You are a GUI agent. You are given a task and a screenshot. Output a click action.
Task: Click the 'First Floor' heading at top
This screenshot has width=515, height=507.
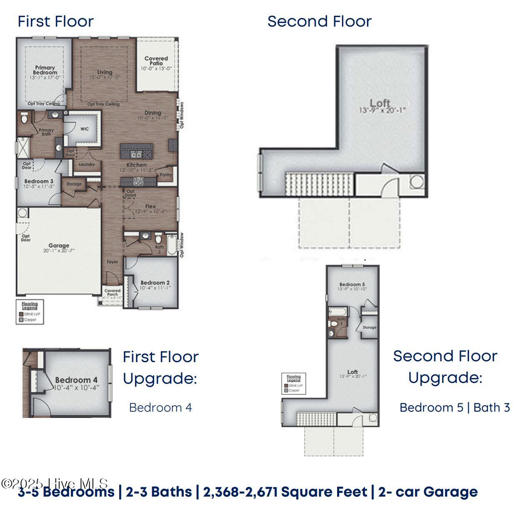(55, 21)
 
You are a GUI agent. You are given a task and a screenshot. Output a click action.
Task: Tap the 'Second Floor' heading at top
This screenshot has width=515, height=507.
(319, 21)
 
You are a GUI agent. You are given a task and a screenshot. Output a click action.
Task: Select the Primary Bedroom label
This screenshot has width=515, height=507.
(45, 70)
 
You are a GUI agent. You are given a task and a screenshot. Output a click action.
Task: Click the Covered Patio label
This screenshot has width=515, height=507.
(156, 61)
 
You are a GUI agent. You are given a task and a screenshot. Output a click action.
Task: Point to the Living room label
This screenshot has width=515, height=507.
(105, 72)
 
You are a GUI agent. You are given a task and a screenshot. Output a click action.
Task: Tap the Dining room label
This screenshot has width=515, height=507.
(153, 113)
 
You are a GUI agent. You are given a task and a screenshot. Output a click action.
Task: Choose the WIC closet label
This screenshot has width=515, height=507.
(85, 129)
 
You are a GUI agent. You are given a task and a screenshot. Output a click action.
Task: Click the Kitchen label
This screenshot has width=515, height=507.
(136, 165)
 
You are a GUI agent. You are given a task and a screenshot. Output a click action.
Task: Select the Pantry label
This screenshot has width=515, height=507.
(166, 175)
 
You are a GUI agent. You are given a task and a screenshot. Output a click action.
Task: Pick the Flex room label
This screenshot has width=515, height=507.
(150, 206)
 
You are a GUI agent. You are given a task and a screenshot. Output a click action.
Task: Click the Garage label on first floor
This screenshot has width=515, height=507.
(59, 246)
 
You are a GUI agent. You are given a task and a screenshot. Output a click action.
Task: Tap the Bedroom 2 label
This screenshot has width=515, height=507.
(155, 283)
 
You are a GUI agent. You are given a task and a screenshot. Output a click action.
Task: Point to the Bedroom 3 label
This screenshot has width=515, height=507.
(39, 181)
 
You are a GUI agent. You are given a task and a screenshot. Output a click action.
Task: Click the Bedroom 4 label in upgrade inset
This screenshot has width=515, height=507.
(76, 380)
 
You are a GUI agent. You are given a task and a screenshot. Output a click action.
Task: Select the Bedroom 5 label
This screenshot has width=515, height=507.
(352, 285)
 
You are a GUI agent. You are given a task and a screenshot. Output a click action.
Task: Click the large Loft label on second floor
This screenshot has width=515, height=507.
(380, 103)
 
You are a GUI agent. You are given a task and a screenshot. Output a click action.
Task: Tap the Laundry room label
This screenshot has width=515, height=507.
(87, 164)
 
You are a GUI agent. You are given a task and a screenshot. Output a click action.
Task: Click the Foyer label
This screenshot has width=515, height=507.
(112, 262)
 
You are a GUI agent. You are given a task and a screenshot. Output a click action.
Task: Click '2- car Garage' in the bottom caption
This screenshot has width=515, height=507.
(428, 492)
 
